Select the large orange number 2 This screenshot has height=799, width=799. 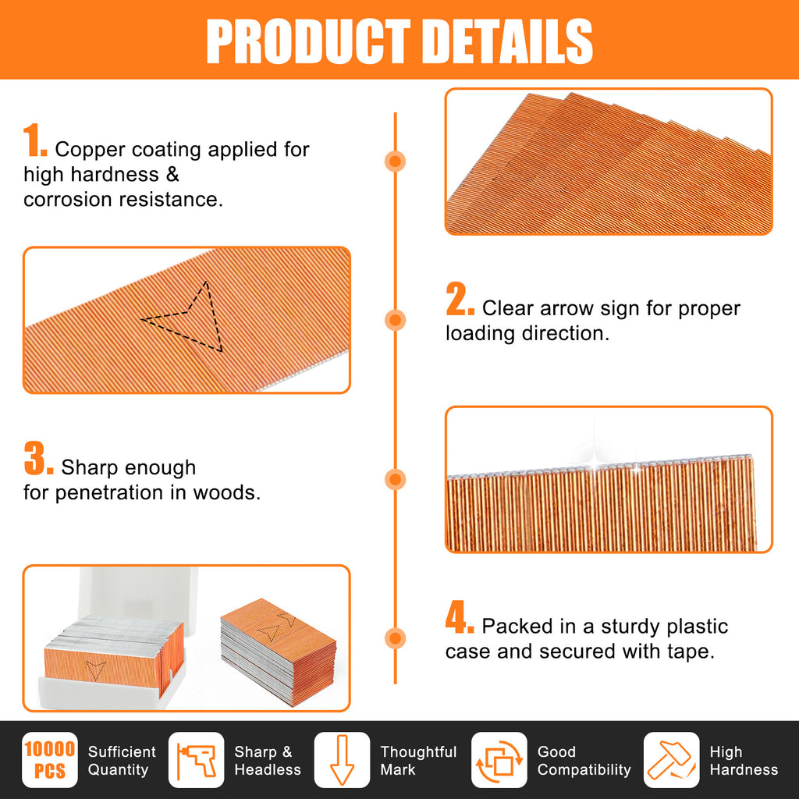(460, 299)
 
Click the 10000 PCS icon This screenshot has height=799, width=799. (50, 760)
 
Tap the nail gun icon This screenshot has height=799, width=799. (196, 760)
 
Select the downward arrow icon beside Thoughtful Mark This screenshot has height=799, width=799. (342, 760)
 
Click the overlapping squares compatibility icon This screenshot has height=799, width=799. (499, 760)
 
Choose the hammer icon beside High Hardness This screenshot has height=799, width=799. (672, 760)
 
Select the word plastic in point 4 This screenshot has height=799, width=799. (695, 627)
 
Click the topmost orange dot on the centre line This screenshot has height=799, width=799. (395, 161)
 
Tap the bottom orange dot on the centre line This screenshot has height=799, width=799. (395, 638)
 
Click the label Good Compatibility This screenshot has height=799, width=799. (584, 760)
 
